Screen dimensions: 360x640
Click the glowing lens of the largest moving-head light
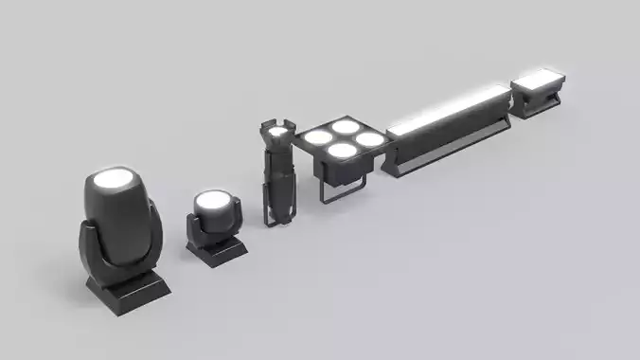point(113,177)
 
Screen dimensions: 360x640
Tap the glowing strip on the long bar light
point(446,108)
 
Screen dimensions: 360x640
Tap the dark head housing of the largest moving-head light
point(119,223)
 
